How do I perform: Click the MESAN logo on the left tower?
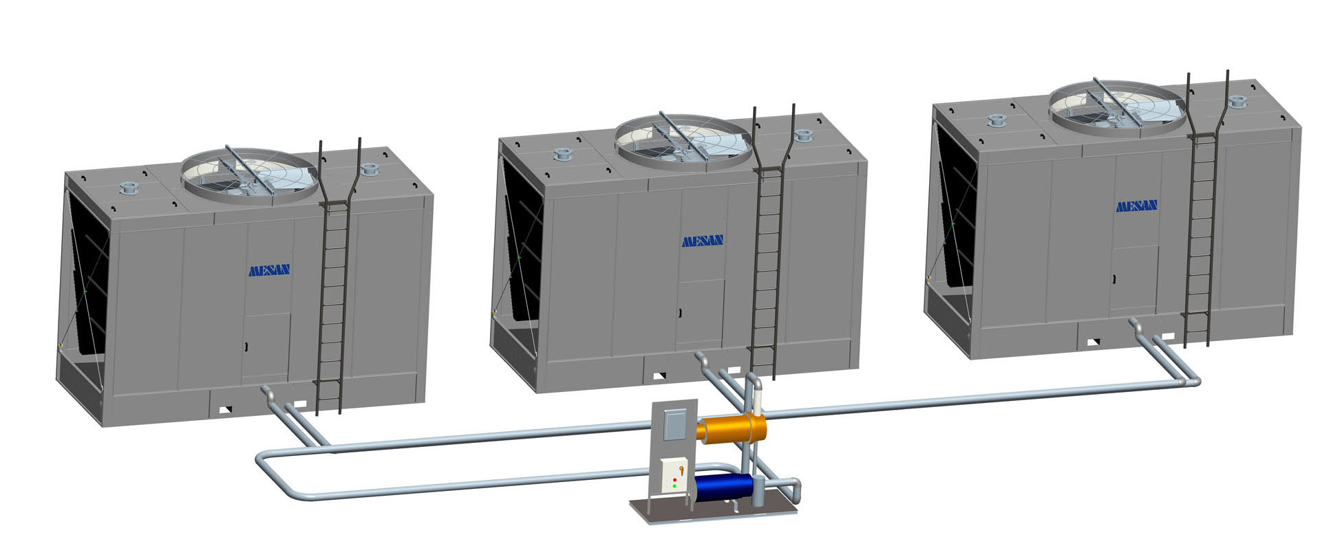pyautogui.click(x=269, y=270)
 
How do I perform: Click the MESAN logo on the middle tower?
pyautogui.click(x=703, y=241)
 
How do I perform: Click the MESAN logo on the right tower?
pyautogui.click(x=1136, y=206)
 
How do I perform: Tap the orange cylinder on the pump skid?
pyautogui.click(x=732, y=428)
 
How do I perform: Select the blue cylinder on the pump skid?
pyautogui.click(x=725, y=487)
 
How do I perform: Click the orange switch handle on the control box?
pyautogui.click(x=681, y=470)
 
